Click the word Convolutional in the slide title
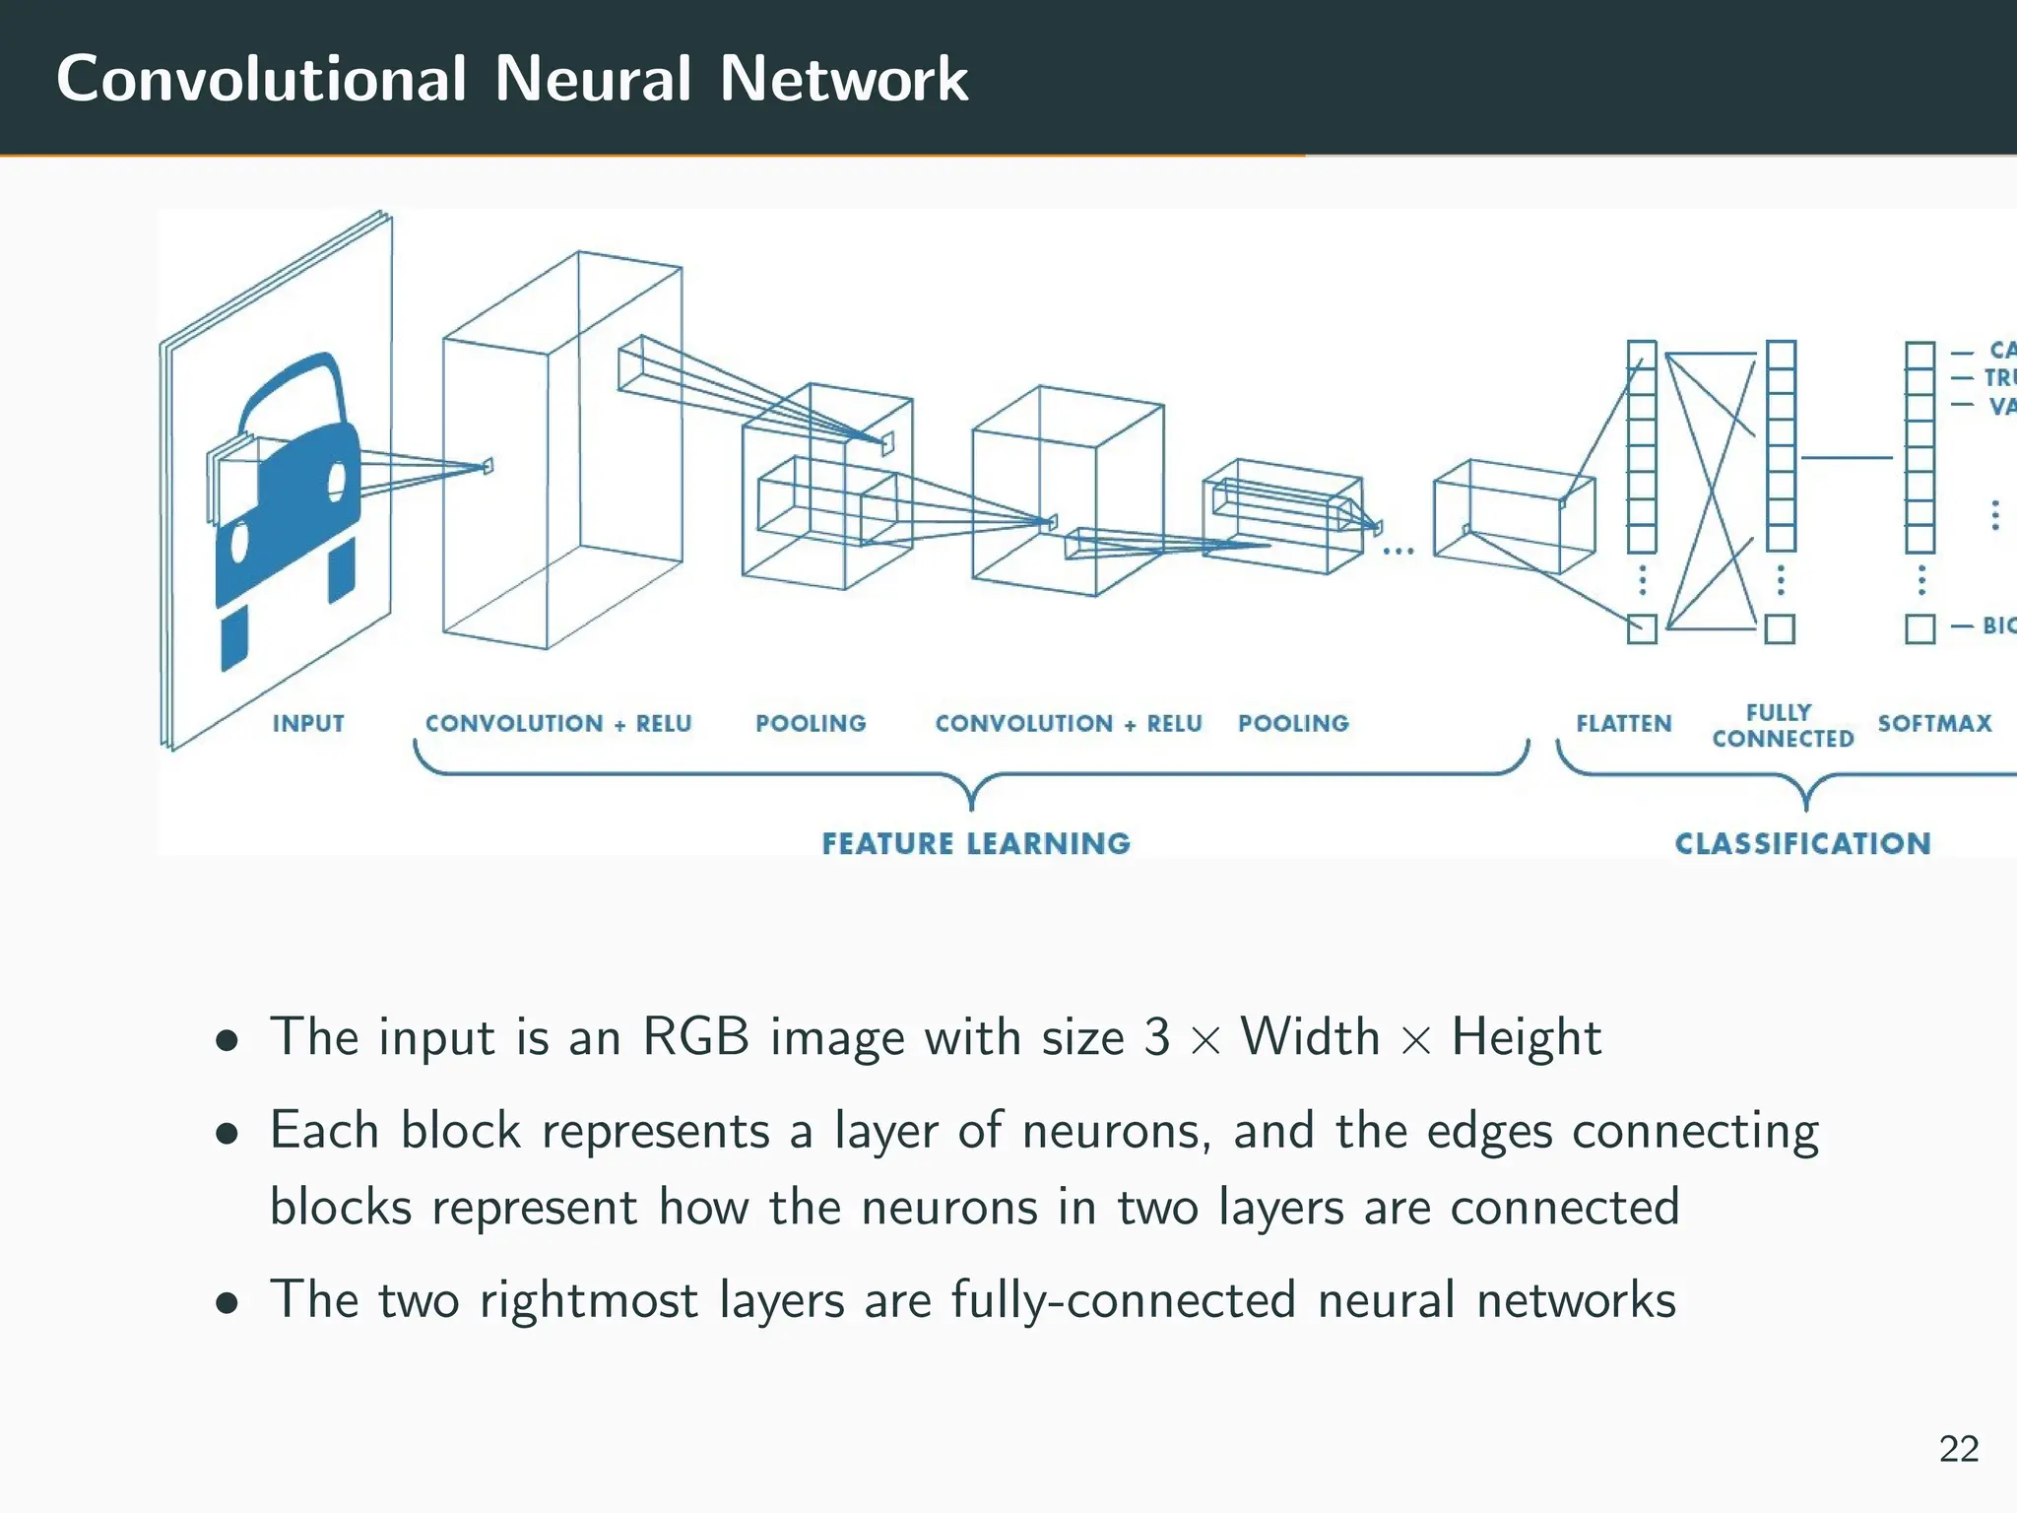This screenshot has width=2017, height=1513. coord(261,79)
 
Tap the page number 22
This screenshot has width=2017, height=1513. coord(1958,1449)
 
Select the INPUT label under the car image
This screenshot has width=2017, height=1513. coord(308,724)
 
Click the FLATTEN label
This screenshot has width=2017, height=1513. coord(1623,724)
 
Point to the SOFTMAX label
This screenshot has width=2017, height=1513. coord(1934,724)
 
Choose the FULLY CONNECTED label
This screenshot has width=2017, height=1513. coord(1783,726)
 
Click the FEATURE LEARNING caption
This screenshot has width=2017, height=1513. coord(976,844)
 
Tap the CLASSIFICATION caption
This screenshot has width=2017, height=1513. coord(1802,844)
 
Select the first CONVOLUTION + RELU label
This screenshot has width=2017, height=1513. coord(558,724)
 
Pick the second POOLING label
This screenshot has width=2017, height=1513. coord(1293,724)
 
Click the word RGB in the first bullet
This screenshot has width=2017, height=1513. coord(695,1037)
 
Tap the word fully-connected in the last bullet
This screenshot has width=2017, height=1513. coord(1123,1300)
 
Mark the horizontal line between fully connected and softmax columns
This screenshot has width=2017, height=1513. coord(1848,458)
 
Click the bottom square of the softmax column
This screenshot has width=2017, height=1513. coord(1920,628)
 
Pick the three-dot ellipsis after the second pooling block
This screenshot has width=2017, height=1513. coord(1399,552)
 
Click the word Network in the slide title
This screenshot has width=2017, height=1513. coord(844,79)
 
